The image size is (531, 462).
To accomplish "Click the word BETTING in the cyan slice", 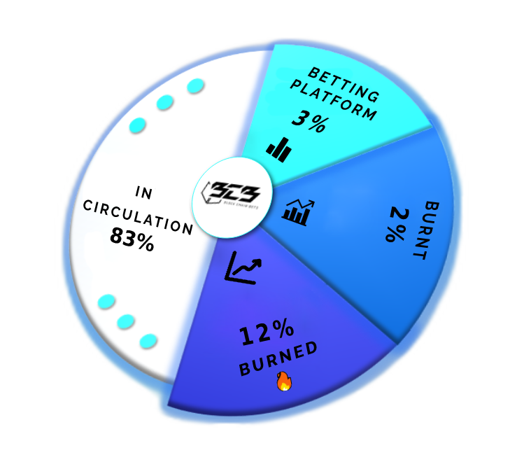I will (344, 83).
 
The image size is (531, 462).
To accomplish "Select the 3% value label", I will (309, 120).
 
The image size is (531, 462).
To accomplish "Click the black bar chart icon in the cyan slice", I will (278, 147).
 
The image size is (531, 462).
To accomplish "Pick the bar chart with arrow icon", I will (299, 211).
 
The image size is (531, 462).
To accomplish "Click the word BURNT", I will (426, 230).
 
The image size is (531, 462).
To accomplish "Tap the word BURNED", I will (278, 358).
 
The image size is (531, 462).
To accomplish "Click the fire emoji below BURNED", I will (283, 381).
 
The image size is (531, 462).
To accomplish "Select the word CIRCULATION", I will (138, 217).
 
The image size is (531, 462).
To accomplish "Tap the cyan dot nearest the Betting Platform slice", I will (195, 86).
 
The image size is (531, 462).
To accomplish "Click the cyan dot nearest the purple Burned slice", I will (148, 341).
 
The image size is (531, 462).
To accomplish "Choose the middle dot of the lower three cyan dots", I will (126, 321).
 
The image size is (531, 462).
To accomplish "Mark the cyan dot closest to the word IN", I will (138, 126).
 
